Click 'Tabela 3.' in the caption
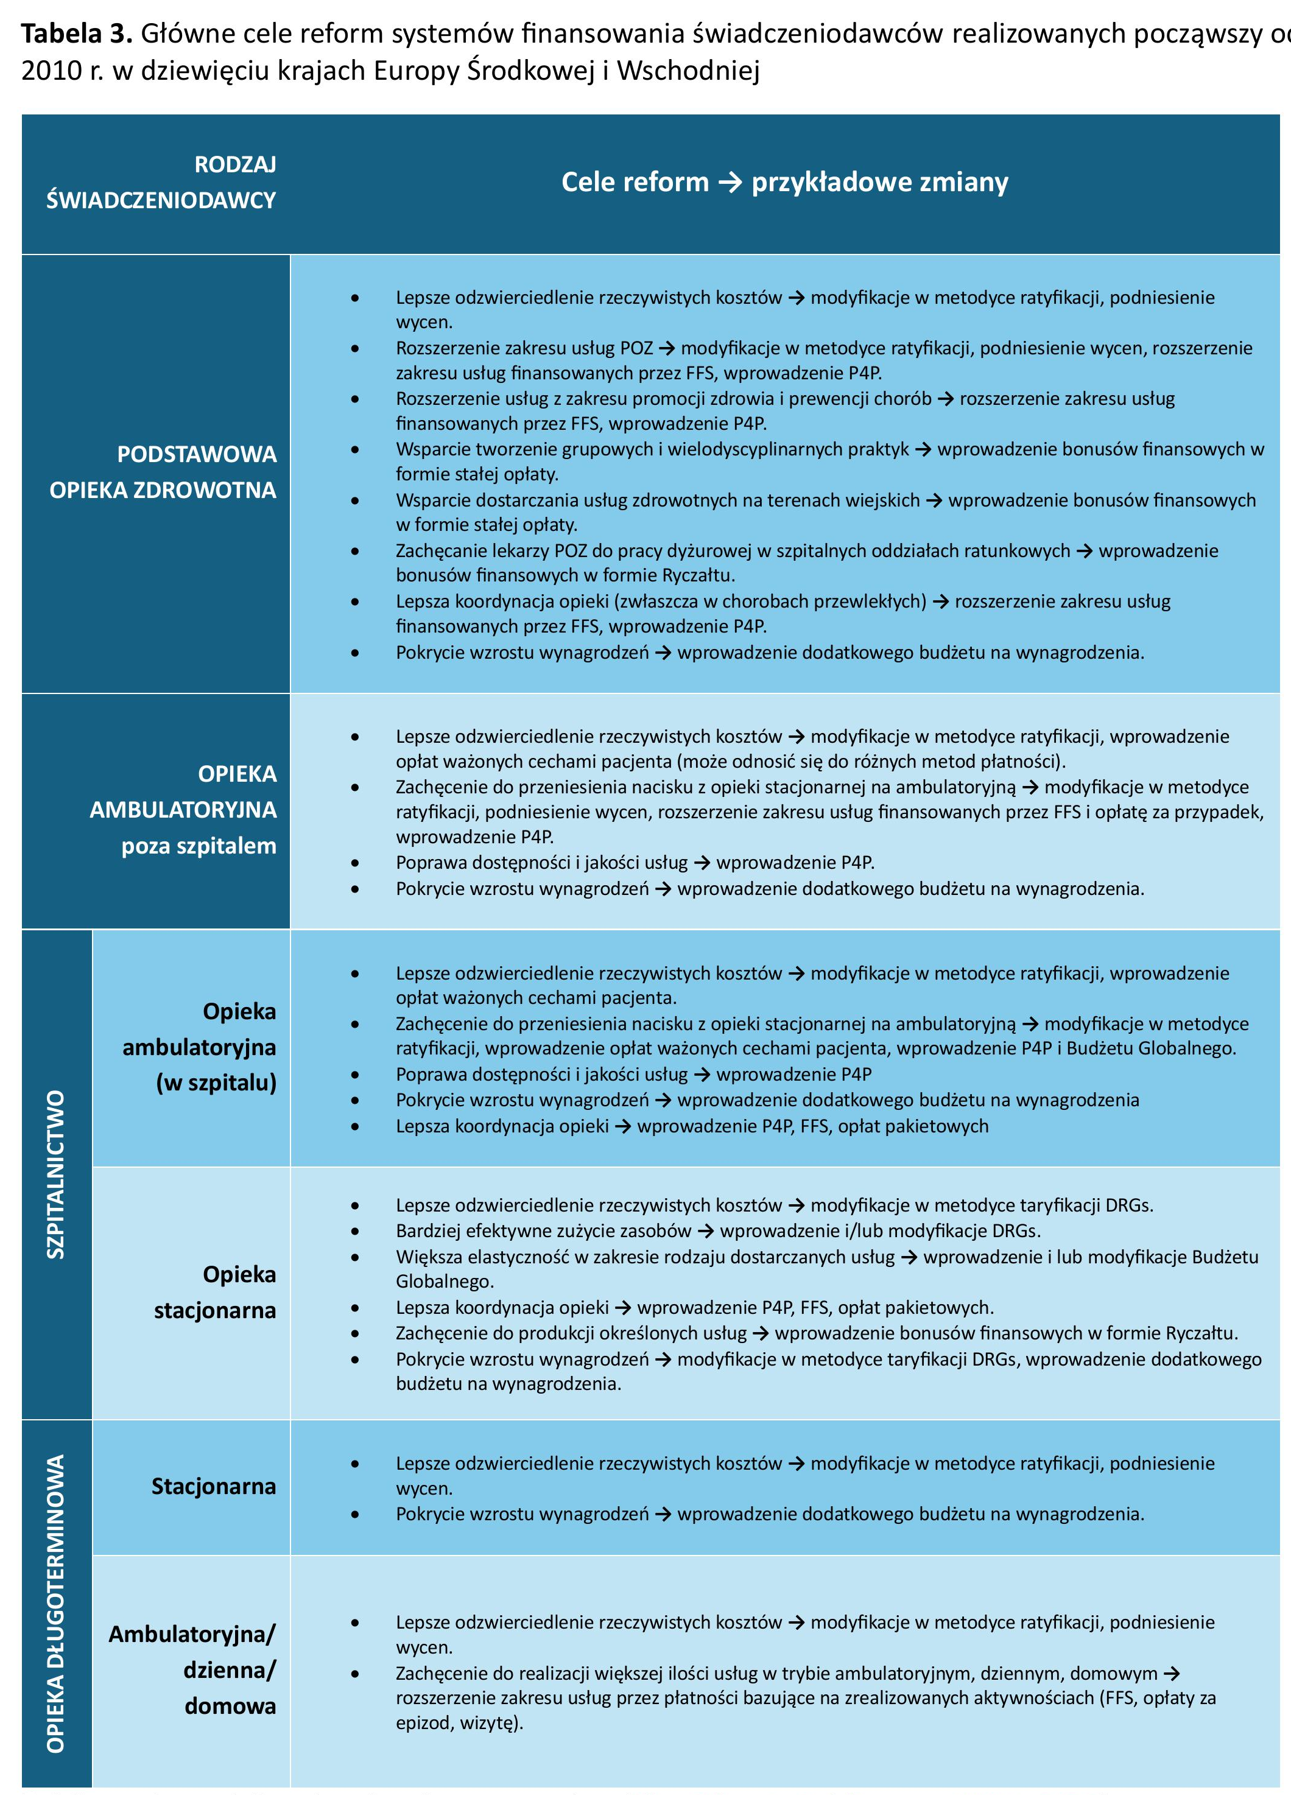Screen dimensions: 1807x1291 tap(76, 33)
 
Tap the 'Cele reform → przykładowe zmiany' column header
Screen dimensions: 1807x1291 tap(784, 182)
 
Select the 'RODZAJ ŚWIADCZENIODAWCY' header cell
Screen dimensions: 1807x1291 tap(161, 182)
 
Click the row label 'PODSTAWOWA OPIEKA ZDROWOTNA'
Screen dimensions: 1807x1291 tap(163, 472)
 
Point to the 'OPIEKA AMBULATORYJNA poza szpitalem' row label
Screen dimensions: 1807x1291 tap(183, 810)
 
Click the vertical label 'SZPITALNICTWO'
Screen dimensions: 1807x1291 tap(55, 1174)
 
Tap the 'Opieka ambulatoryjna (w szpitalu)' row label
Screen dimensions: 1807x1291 tap(200, 1047)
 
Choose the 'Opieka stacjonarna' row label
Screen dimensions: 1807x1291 tap(216, 1291)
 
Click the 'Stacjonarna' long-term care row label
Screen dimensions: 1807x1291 tap(214, 1486)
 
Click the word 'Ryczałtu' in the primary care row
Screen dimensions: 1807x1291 tap(698, 575)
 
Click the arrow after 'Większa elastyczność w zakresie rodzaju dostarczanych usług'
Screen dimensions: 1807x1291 tap(909, 1257)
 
